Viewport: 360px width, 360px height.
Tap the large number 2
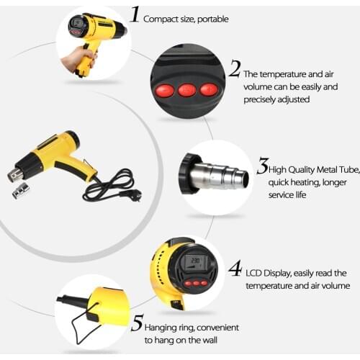tap(235, 68)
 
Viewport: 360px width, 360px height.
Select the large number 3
tap(263, 166)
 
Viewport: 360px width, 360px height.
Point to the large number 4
tap(235, 269)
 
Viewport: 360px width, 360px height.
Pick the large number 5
tap(137, 323)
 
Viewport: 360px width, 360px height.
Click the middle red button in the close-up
tap(187, 90)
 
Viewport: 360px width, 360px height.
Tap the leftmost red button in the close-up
tap(166, 89)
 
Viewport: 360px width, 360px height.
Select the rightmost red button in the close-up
tap(208, 89)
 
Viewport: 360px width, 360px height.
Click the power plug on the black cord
tap(135, 194)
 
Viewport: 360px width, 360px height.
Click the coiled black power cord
tap(108, 186)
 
